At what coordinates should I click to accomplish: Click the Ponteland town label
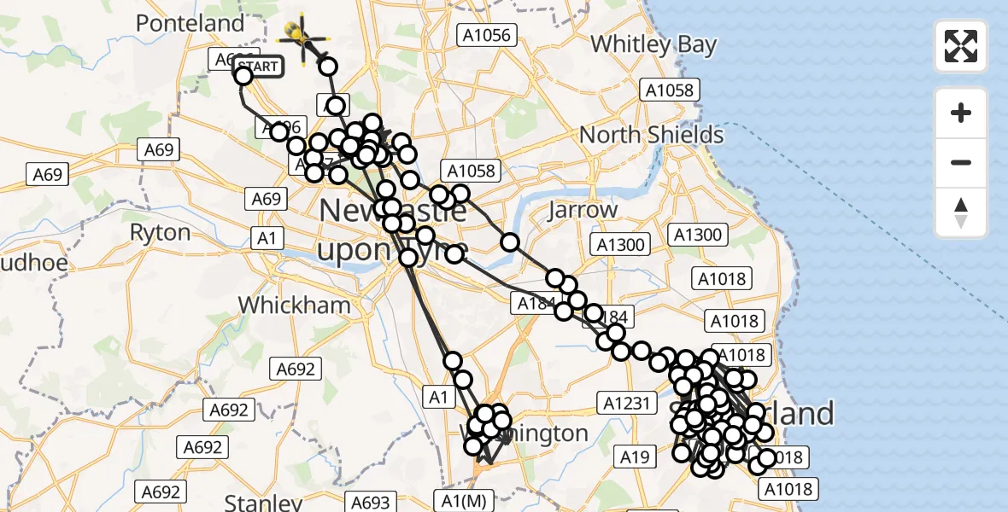coord(190,23)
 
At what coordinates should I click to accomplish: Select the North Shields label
coord(652,135)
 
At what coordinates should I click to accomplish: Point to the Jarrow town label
coord(583,209)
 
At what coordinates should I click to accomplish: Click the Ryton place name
coord(160,232)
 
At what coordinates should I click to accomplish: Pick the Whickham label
coord(294,305)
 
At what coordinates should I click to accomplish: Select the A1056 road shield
coord(486,34)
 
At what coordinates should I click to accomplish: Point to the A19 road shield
coord(634,457)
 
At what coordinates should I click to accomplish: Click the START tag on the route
coord(256,66)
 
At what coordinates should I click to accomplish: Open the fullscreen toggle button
coord(961,45)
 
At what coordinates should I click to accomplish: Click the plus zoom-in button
coord(961,113)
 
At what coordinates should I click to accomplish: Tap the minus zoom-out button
coord(961,162)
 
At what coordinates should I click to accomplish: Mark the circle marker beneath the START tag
coord(243,76)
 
